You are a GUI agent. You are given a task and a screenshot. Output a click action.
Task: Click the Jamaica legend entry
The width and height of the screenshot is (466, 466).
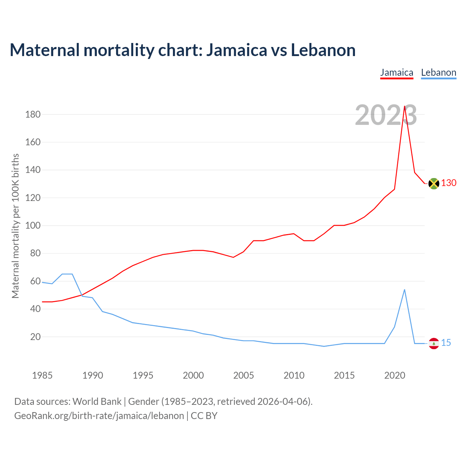(396, 72)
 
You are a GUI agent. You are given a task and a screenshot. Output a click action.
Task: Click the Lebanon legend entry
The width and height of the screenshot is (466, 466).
(438, 72)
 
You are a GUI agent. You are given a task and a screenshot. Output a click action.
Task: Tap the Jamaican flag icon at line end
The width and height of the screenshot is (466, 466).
(434, 183)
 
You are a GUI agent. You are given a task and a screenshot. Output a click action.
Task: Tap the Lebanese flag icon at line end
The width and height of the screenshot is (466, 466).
(434, 343)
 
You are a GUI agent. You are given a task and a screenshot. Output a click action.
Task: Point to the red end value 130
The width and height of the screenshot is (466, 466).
(449, 183)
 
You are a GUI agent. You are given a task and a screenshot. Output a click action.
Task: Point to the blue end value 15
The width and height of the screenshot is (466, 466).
(446, 343)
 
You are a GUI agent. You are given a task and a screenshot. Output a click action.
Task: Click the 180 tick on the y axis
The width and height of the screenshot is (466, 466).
(33, 114)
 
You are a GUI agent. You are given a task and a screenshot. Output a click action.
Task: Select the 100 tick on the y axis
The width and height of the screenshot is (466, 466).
(33, 225)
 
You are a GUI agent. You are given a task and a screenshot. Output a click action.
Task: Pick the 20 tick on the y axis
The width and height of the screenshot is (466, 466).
(35, 337)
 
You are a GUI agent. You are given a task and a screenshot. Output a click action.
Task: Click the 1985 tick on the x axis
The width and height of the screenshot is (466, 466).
(42, 375)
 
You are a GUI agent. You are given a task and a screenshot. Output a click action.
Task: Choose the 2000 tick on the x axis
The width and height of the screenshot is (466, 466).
(193, 375)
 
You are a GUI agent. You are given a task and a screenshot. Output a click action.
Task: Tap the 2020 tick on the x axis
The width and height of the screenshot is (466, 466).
(395, 375)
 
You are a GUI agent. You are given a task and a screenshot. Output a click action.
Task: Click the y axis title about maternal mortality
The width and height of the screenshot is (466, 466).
(15, 226)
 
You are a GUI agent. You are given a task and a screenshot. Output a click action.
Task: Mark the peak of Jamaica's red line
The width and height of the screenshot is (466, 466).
(404, 106)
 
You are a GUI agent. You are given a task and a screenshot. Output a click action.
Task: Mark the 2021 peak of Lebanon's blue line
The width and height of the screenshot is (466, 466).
(404, 290)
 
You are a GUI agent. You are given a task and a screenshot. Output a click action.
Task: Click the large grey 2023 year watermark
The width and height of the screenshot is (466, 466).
(386, 115)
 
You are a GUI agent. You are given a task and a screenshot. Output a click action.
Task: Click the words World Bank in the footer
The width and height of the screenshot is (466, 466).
(97, 402)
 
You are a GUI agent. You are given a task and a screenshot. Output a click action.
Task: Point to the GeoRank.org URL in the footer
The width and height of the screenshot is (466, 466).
(99, 416)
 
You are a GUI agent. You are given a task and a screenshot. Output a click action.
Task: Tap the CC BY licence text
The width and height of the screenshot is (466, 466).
(204, 416)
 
